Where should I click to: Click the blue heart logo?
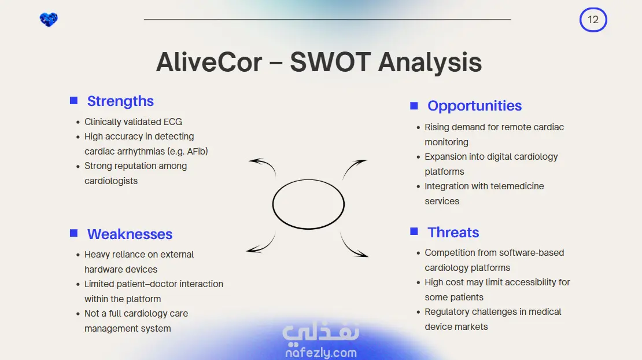pyautogui.click(x=49, y=19)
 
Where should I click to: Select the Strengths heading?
pyautogui.click(x=120, y=101)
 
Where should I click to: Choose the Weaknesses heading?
pyautogui.click(x=130, y=234)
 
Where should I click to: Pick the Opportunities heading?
pyautogui.click(x=474, y=106)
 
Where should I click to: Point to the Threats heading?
pyautogui.click(x=453, y=233)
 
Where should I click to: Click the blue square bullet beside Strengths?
pyautogui.click(x=73, y=101)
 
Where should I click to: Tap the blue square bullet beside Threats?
pyautogui.click(x=414, y=232)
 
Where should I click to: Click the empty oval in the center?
pyautogui.click(x=308, y=180)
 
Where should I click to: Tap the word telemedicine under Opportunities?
pyautogui.click(x=516, y=186)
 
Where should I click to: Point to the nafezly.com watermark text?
pyautogui.click(x=321, y=352)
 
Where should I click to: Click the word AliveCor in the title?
pyautogui.click(x=209, y=63)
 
